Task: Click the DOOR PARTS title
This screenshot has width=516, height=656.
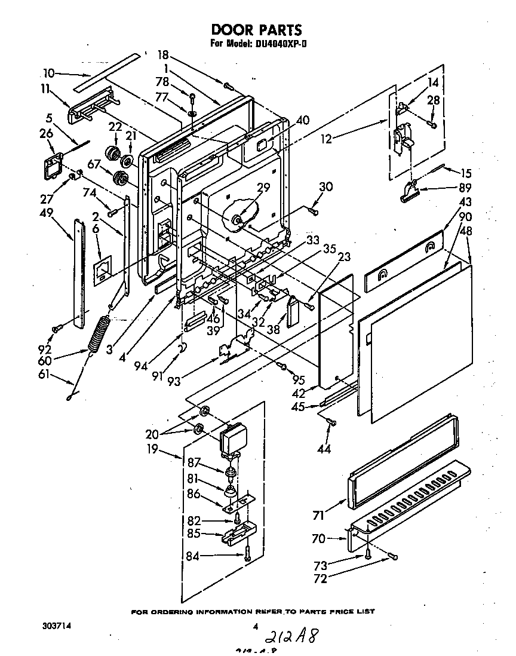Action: (257, 29)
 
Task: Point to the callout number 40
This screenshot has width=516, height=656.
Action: (302, 120)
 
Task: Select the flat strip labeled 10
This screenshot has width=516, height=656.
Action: (107, 72)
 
